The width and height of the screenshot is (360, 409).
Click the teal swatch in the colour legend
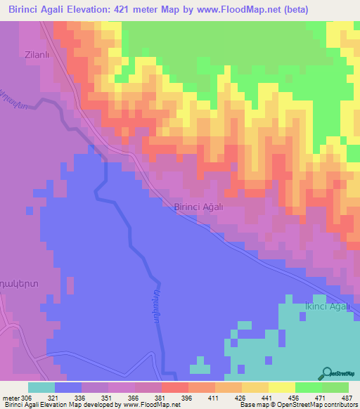pos(41,387)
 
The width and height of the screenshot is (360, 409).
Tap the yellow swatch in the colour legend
pos(282,387)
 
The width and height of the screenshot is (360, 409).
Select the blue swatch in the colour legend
pos(68,387)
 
